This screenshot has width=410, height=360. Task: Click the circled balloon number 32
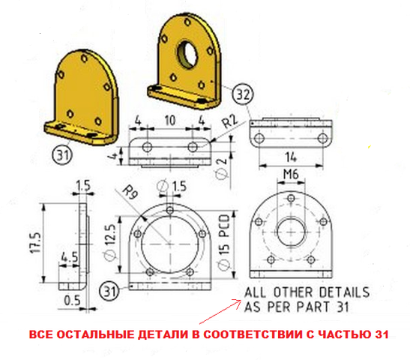coord(243,94)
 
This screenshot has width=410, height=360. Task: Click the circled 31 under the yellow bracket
coord(62,154)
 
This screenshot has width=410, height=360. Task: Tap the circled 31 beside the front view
coord(109,291)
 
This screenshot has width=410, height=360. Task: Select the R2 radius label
coord(230,121)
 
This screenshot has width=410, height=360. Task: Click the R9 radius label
coord(130,191)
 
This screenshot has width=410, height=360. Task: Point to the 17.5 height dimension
coord(36,243)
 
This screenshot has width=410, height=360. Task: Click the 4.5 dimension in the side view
coord(69,257)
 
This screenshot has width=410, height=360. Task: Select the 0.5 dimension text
coord(72,300)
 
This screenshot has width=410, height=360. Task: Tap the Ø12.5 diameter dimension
coord(111,242)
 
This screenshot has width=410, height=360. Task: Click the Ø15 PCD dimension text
coord(224,242)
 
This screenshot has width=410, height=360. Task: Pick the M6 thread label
coord(291,174)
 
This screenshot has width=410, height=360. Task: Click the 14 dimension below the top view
coord(291,157)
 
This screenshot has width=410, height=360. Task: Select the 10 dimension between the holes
coord(169,120)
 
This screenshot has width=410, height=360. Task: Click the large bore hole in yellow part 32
coord(187,54)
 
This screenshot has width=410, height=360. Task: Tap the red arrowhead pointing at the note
coord(239,301)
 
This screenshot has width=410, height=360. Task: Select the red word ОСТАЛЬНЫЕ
coord(95,334)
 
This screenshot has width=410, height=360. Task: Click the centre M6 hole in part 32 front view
coord(291,232)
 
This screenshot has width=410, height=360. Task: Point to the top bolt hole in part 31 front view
coord(170,210)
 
